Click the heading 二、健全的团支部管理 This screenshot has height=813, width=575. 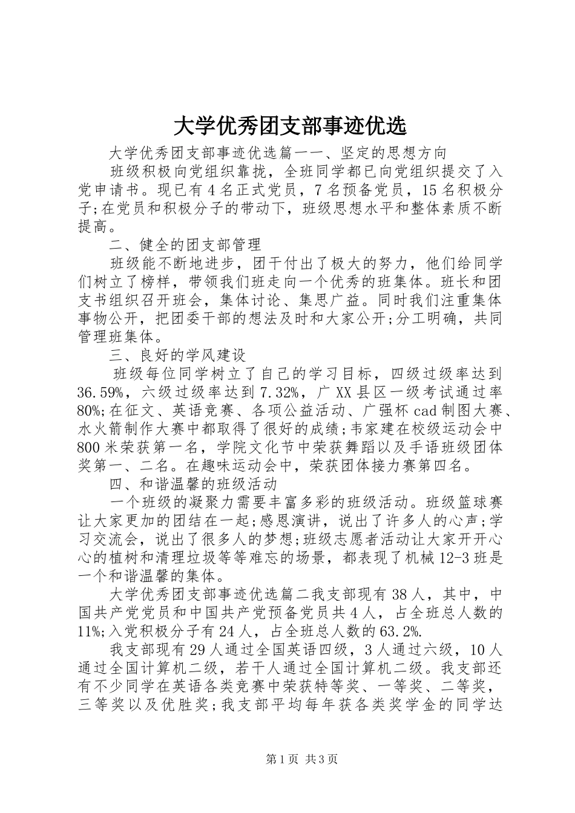click(185, 245)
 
